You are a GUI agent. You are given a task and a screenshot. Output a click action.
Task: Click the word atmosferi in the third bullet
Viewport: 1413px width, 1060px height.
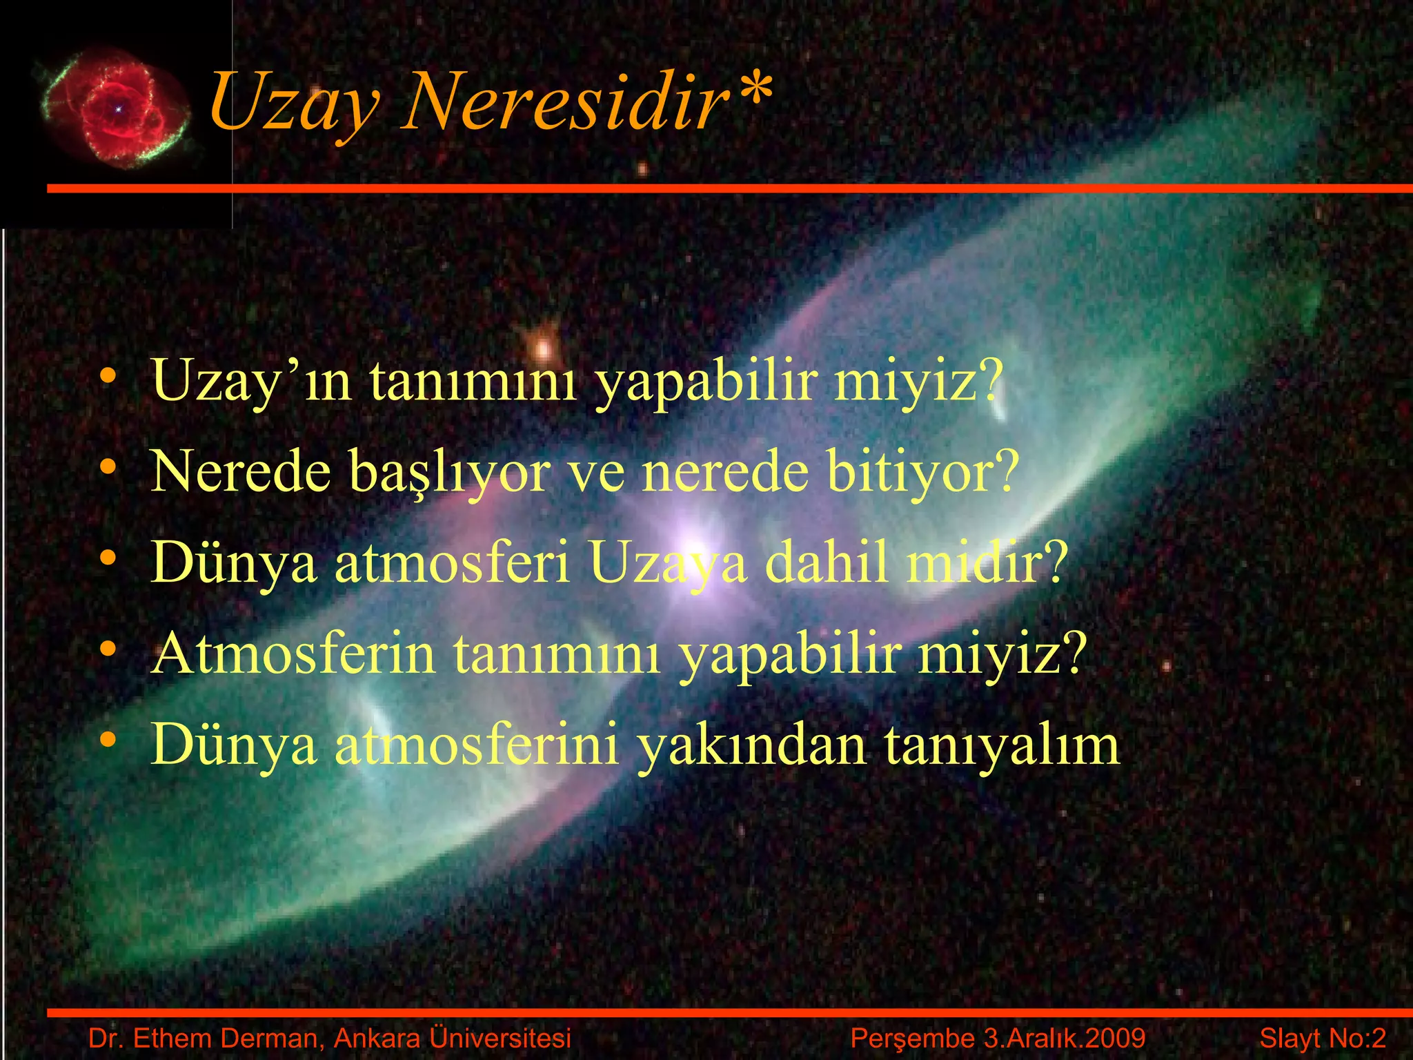(453, 562)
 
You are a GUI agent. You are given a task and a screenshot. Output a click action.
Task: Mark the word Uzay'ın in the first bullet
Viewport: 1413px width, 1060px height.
(253, 382)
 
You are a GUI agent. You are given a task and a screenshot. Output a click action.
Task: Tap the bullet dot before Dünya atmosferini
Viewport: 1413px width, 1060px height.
(108, 740)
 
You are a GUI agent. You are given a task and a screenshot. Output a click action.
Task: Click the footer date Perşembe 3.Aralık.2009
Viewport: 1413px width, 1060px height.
(998, 1038)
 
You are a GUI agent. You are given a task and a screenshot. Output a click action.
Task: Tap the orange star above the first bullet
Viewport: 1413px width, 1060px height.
(544, 346)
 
